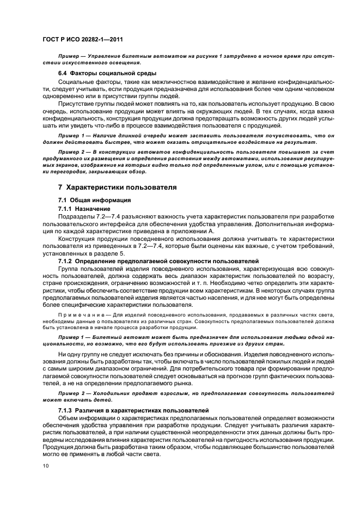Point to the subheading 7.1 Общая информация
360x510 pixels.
click(94, 200)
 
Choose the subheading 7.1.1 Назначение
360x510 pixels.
click(84, 208)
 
